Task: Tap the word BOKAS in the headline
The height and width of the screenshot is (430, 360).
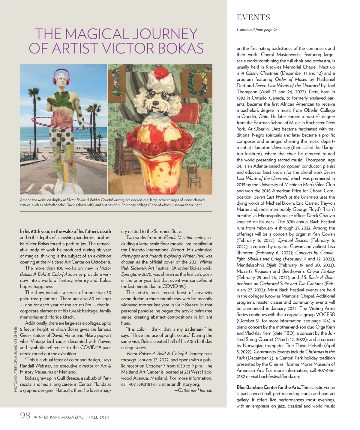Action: pyautogui.click(x=177, y=48)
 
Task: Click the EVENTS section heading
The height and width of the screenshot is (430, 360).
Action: pyautogui.click(x=253, y=18)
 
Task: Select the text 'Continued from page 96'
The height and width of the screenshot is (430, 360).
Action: pyautogui.click(x=257, y=30)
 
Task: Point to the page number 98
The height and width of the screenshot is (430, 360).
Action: pyautogui.click(x=25, y=416)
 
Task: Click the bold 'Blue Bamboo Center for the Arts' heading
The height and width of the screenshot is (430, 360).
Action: pyautogui.click(x=268, y=387)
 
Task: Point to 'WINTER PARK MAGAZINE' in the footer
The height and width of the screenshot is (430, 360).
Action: pyautogui.click(x=58, y=417)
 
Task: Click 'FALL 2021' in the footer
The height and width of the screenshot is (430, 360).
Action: pyautogui.click(x=99, y=417)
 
